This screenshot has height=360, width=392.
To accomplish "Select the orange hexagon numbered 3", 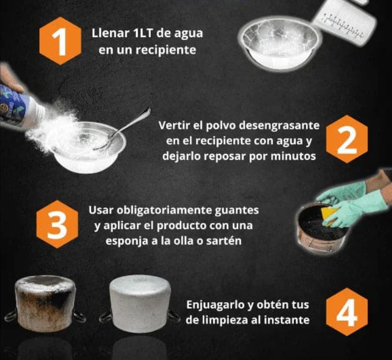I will (57, 224).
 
